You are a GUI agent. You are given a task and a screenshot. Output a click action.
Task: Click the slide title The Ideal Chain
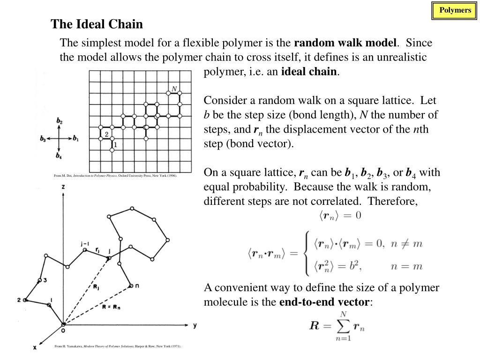point(97,24)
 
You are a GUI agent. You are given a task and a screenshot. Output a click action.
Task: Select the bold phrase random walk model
point(345,43)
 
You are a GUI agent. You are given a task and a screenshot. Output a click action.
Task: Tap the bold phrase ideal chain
point(308,72)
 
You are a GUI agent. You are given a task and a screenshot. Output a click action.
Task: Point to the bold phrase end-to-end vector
point(324,302)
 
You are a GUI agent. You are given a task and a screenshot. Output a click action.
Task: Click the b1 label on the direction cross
point(76,139)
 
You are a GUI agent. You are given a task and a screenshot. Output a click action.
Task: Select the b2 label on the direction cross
point(60,121)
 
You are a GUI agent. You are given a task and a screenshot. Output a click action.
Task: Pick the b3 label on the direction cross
point(43,139)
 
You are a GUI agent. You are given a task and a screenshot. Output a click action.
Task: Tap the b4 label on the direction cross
point(59,156)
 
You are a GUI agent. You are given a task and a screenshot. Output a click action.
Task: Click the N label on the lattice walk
point(174,89)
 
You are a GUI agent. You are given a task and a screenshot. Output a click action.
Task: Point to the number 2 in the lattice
point(106,135)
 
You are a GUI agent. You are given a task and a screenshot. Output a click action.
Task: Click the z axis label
point(63,187)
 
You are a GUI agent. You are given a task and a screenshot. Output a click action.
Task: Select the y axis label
point(194,324)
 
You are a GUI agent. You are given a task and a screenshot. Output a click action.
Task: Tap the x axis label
point(35,347)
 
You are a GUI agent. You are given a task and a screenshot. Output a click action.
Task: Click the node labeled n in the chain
point(131,285)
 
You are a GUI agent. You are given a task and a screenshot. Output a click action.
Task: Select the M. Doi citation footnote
point(115,176)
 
